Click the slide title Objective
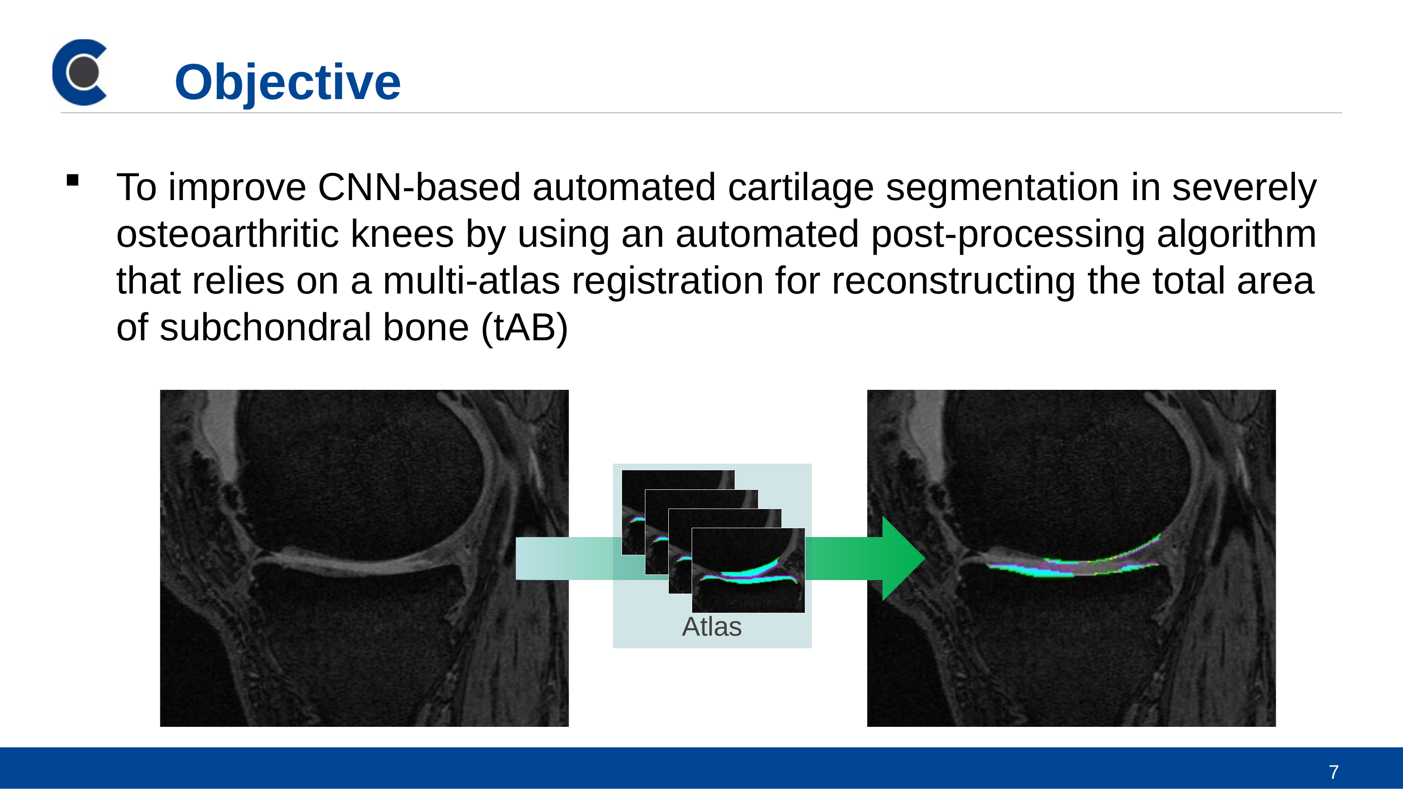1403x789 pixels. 288,82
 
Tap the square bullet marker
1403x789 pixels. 72,180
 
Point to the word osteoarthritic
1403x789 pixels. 227,234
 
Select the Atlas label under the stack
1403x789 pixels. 711,627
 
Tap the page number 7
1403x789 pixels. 1334,772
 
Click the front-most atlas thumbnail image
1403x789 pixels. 748,570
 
